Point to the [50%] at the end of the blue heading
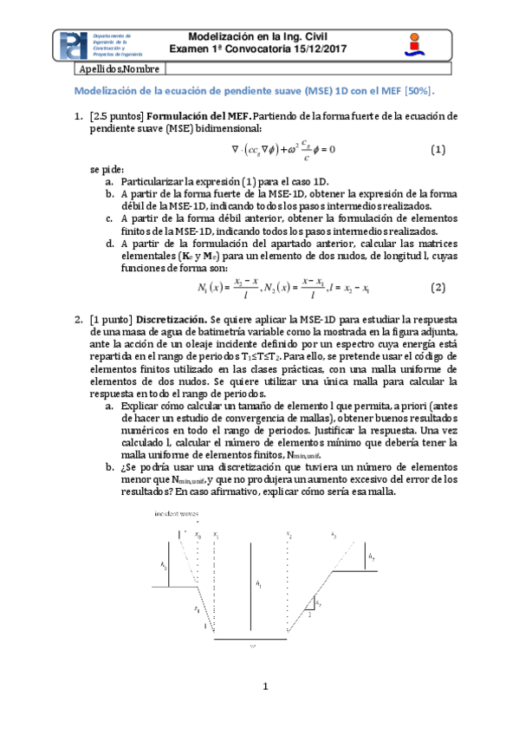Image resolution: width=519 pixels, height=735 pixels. click(x=417, y=90)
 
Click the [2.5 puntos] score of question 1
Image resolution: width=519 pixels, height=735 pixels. click(x=118, y=115)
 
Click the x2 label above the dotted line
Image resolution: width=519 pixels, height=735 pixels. click(x=289, y=534)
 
